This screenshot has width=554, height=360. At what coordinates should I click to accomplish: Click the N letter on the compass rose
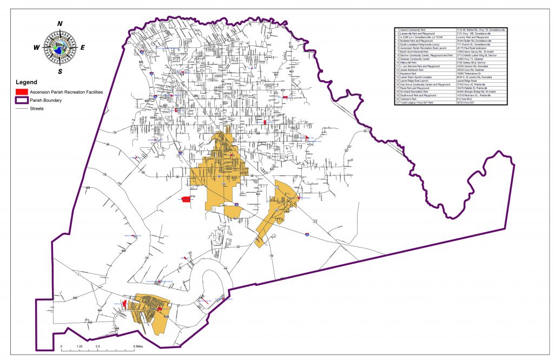pyautogui.click(x=60, y=23)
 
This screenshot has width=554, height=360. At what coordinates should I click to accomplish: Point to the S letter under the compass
pyautogui.click(x=60, y=71)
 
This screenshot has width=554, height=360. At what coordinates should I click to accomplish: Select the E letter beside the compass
pyautogui.click(x=83, y=47)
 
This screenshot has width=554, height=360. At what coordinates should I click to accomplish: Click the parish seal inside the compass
pyautogui.click(x=60, y=47)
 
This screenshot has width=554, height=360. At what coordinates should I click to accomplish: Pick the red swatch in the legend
pyautogui.click(x=22, y=92)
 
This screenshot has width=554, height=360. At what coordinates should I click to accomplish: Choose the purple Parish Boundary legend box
pyautogui.click(x=22, y=100)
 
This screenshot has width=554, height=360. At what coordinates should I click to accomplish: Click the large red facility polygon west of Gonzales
pyautogui.click(x=186, y=199)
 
